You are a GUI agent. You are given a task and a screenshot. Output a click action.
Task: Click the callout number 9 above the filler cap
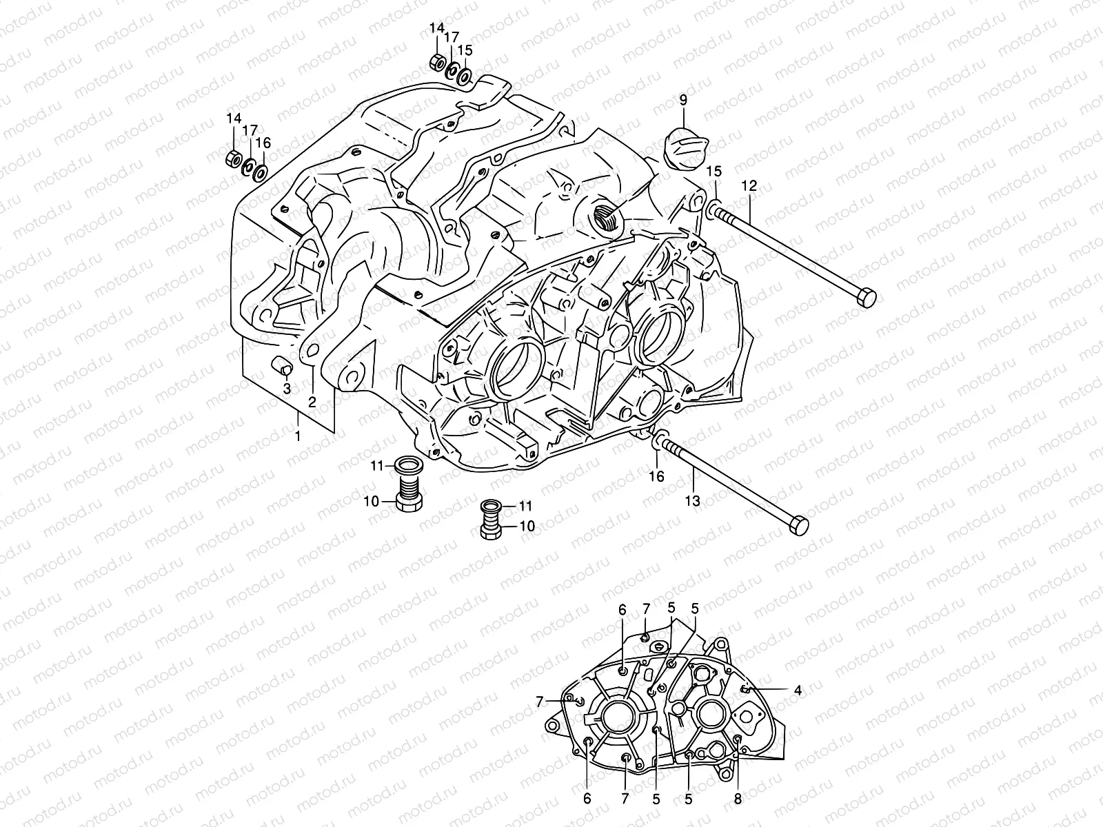[683, 101]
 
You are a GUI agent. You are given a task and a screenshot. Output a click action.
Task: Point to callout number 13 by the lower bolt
[692, 501]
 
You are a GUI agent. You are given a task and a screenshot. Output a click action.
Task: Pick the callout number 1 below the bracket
[298, 436]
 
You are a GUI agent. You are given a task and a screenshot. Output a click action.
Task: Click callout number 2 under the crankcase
[312, 402]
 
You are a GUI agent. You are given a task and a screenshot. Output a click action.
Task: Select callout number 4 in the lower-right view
[798, 688]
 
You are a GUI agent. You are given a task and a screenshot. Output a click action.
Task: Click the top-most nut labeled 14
[436, 62]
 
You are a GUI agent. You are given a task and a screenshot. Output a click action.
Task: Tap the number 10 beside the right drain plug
[527, 526]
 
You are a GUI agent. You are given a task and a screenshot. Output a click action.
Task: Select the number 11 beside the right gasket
[527, 507]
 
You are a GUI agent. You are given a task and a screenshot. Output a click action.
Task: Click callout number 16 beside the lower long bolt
[656, 476]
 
